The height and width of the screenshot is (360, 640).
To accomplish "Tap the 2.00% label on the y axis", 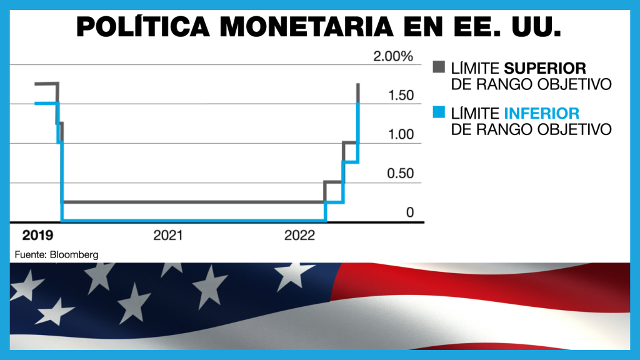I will pos(393,57).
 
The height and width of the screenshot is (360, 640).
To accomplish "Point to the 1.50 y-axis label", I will pos(400,96).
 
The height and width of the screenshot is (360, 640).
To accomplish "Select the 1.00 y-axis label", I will pos(400,134).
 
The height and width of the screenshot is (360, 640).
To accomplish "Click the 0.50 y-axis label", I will pos(400,174).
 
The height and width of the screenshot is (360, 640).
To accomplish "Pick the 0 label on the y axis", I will pos(410,212).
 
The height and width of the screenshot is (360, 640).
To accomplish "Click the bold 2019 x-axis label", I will pos(37,236).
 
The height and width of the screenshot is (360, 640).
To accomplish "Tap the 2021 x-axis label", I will pos(167,236).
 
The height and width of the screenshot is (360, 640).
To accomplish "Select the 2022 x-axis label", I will pos(299,236).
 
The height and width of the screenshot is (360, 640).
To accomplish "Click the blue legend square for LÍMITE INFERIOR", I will pos(439,114).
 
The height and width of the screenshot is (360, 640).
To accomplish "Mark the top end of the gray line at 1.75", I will pos(358,84).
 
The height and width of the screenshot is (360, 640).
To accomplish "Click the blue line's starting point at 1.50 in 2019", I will pos(36,103).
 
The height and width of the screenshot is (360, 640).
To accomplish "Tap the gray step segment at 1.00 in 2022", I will pos(350,142).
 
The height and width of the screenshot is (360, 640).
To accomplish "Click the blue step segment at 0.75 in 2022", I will pos(350,162).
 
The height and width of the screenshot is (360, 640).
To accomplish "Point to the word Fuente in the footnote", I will pos(27,255).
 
